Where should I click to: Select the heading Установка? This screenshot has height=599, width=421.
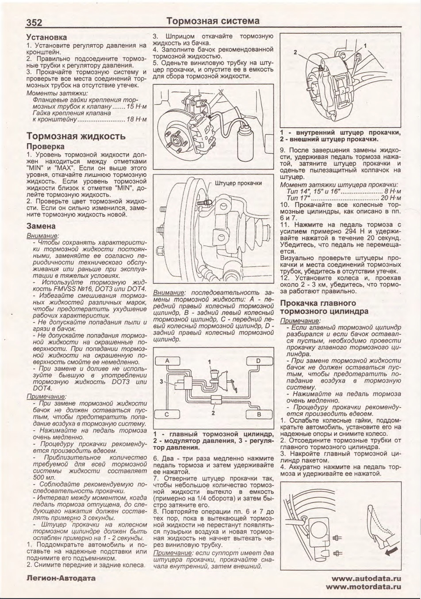46,37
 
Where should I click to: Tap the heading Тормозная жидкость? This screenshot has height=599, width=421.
76,136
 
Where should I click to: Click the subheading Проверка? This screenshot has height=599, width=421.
45,146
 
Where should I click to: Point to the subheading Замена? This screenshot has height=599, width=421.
41,226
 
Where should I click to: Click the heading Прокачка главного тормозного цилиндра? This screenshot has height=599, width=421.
324,307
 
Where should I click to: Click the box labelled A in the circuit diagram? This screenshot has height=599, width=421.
168,361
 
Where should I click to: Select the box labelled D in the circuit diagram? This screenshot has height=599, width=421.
258,361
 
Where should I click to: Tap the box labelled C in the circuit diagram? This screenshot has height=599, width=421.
167,414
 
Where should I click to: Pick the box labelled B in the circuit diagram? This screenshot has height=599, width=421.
259,414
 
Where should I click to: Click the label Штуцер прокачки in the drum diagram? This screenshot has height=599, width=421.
238,183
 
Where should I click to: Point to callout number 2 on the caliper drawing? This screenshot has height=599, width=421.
295,52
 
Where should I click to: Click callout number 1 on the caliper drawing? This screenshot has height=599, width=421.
365,45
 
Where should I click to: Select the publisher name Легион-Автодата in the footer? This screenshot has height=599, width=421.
61,577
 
